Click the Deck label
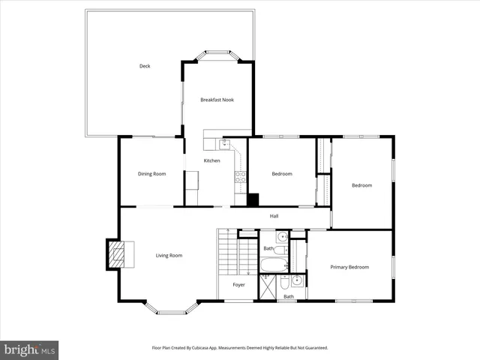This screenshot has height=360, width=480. coord(145,66)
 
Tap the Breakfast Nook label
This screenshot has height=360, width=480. coord(217,100)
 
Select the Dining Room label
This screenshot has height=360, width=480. coord(151,174)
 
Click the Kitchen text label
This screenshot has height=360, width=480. coord(212,161)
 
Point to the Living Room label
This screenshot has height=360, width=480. coord(169,256)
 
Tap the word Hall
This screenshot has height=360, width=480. coord(274,217)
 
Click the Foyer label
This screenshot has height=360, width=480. coord(238,285)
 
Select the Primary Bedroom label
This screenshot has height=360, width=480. coord(349,267)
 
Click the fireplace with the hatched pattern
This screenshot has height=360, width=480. coord(115,255)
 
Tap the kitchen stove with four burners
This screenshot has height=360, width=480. coord(241,178)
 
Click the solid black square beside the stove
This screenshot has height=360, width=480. coord(253,199)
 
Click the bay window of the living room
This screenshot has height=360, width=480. coord(171,307)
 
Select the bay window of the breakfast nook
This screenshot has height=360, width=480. coord(217,54)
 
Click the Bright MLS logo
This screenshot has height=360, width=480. coord(29,349)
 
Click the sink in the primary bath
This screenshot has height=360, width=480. coord(296,282)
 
